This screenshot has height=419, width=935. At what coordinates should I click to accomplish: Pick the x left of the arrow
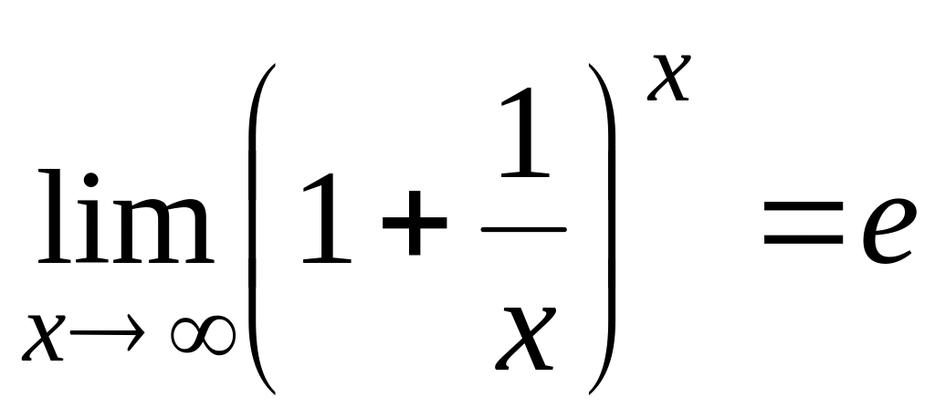45,339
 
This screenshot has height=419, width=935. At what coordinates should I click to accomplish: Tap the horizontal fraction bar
523,228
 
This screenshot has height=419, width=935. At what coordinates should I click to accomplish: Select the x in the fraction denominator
524,338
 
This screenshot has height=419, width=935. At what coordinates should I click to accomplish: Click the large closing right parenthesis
603,228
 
